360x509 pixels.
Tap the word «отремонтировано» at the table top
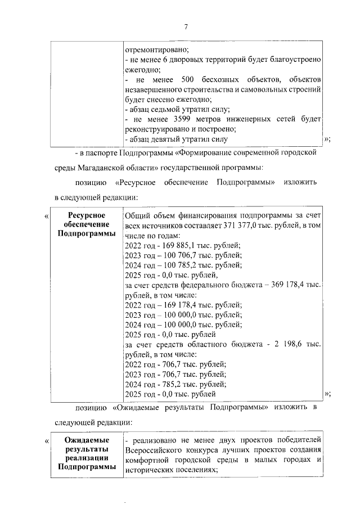(151, 49)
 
